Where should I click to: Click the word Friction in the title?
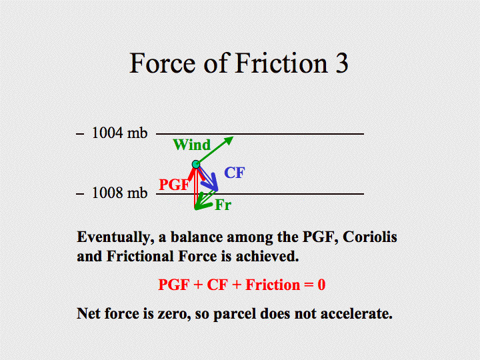coord(281,63)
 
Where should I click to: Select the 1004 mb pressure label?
coord(120,133)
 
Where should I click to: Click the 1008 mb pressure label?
coord(120,193)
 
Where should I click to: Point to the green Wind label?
coord(192,145)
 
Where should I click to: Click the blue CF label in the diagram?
coord(235,173)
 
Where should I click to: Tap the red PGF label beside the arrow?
coord(174,185)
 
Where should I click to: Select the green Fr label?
coord(223,205)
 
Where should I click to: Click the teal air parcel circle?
coord(196,165)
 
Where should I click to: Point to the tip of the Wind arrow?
coord(233,137)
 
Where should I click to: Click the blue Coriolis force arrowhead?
coord(212,184)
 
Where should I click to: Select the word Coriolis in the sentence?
coord(370,237)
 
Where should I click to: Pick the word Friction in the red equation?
coord(273,285)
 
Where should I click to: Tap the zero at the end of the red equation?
coord(321,285)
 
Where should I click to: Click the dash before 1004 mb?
coord(80,134)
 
